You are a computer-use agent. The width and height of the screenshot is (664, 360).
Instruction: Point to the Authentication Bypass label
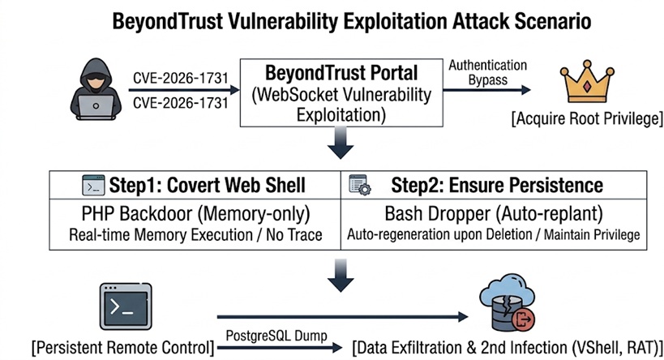(x=486, y=71)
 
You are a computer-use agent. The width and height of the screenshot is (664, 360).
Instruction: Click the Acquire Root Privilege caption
(x=587, y=120)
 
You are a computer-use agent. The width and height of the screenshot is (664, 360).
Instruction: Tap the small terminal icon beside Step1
(x=93, y=185)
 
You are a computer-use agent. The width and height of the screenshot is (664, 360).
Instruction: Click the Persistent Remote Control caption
(x=122, y=348)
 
